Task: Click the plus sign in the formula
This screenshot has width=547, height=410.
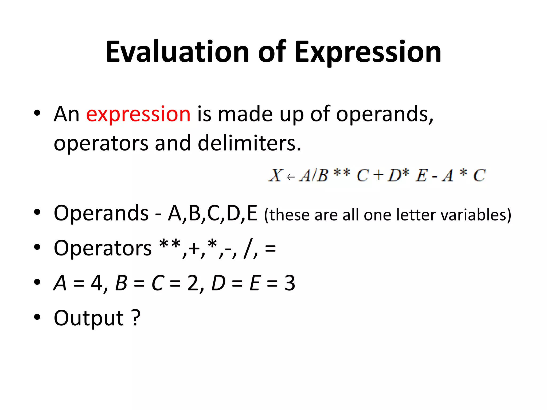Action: coord(378,176)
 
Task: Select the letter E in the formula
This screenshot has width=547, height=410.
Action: coord(421,176)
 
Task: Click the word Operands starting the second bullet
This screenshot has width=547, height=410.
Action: coord(101,213)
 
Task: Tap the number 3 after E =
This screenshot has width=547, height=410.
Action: coord(290,283)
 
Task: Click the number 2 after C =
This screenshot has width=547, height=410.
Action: coord(193,283)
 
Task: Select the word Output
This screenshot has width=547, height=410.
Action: coord(89,318)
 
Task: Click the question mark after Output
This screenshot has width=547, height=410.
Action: coord(136,317)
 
